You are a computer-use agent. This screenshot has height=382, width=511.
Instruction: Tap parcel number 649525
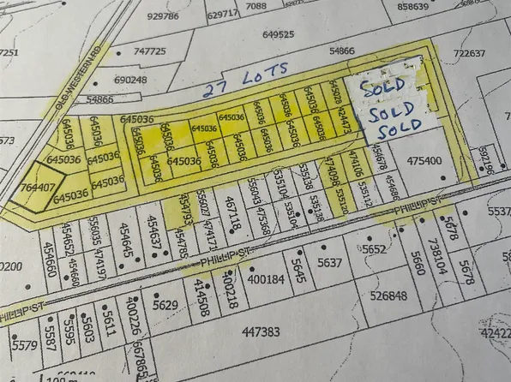tap(279, 35)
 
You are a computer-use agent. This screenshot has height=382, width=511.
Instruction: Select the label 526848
tap(388, 296)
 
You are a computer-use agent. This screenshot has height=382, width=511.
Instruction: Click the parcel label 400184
tap(266, 279)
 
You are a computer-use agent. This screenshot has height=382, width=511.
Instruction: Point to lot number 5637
tap(329, 262)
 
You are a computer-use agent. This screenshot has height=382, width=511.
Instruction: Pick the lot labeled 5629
tap(165, 304)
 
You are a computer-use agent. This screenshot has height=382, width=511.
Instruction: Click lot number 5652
tap(375, 249)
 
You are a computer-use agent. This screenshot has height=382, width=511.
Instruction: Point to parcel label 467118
tap(231, 213)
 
